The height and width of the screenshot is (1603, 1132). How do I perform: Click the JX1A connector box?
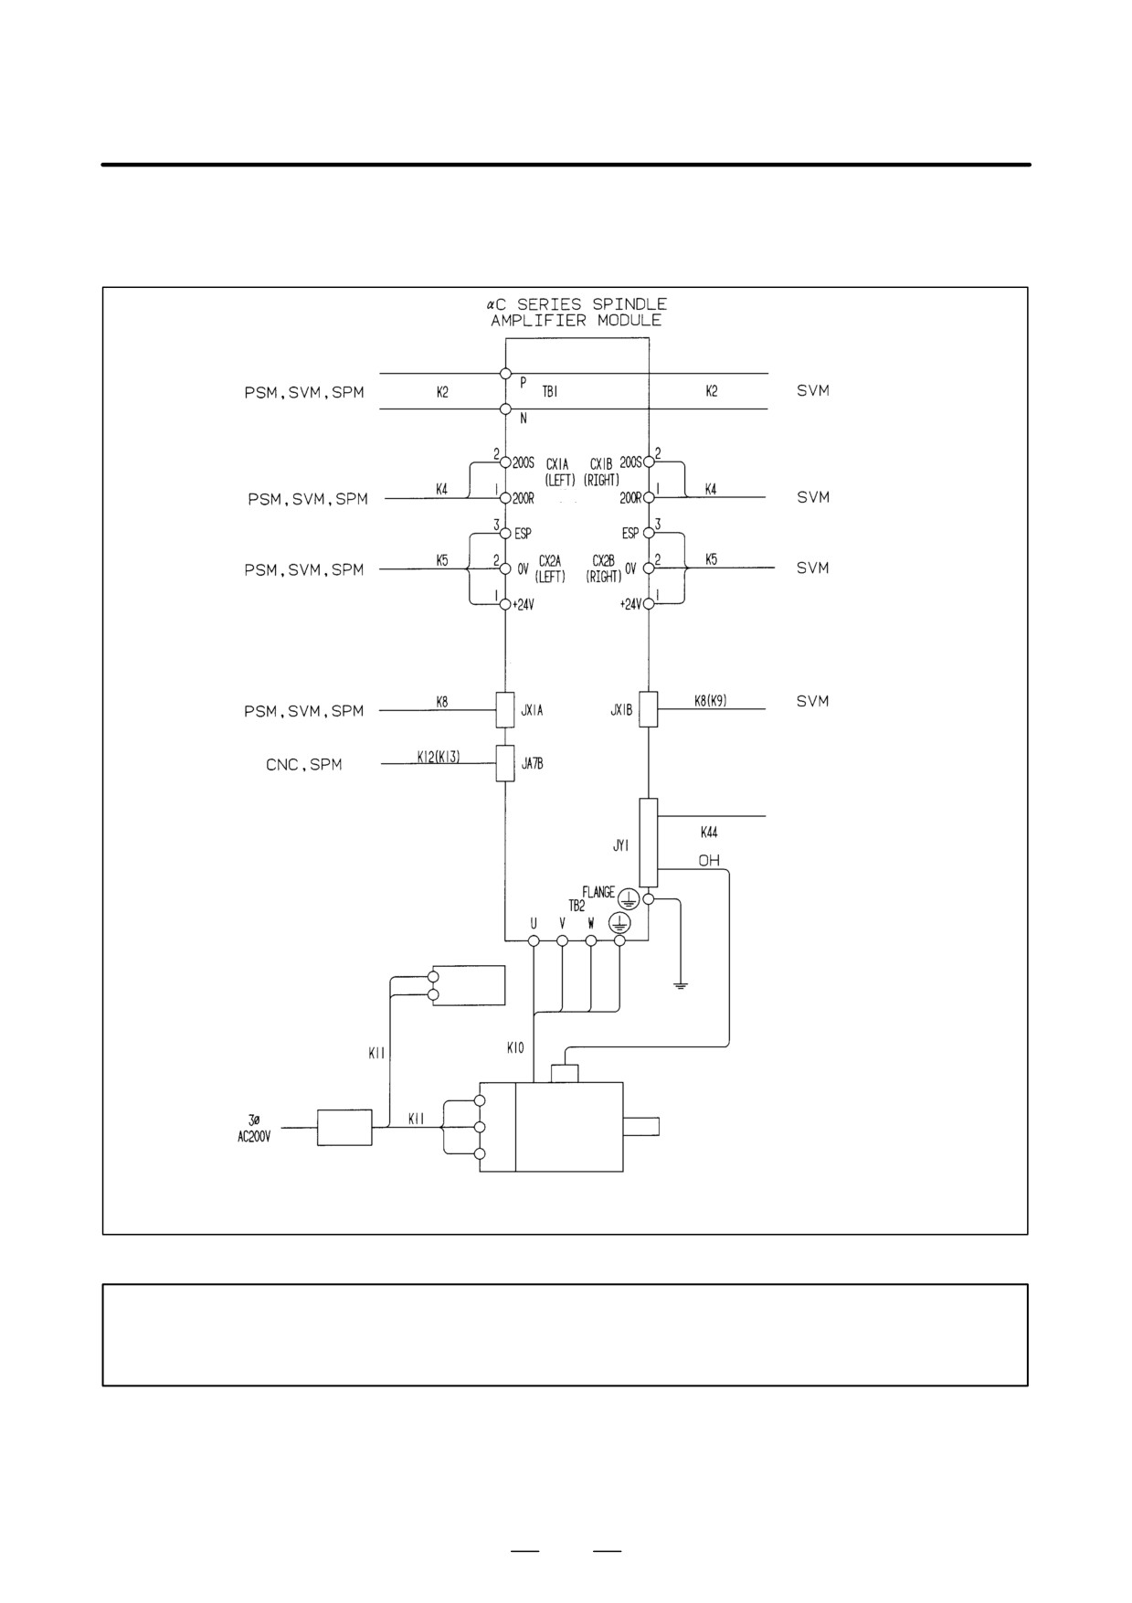click(505, 709)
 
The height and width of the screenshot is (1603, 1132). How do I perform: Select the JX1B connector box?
click(648, 709)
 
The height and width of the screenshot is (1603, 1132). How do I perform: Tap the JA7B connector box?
click(505, 763)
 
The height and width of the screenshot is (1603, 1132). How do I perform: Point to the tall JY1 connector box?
click(648, 843)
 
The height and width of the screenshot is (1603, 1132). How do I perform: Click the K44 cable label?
click(709, 833)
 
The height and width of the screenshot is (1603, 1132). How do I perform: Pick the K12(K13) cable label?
click(439, 756)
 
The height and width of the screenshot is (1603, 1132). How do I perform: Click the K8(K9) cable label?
click(710, 701)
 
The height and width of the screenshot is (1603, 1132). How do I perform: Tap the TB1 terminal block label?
click(550, 391)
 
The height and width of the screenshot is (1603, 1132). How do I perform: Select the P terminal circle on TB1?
click(505, 374)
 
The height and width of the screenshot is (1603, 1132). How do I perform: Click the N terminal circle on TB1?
click(505, 409)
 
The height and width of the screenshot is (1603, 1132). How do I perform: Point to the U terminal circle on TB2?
click(534, 940)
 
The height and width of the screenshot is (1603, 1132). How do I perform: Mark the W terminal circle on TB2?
click(591, 940)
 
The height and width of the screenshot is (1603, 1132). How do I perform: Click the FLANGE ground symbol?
click(629, 897)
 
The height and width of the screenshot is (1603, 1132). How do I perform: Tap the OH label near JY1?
click(709, 861)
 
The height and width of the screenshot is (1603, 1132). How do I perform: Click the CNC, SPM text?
click(304, 765)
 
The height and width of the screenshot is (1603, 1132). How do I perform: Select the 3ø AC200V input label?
click(254, 1126)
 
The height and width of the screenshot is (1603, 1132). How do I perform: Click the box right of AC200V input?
click(344, 1128)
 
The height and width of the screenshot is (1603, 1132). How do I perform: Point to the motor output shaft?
click(640, 1127)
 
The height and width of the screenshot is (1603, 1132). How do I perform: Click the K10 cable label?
click(515, 1048)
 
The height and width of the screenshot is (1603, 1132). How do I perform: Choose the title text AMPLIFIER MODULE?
click(576, 321)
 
